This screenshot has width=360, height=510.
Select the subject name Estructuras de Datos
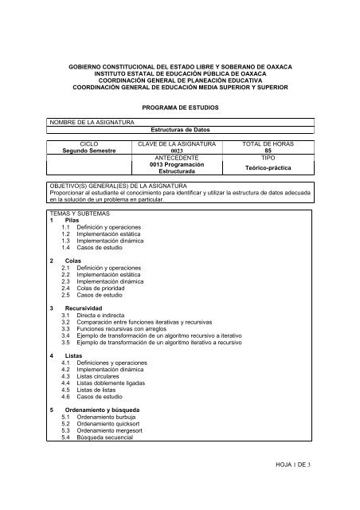pyautogui.click(x=179, y=128)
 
